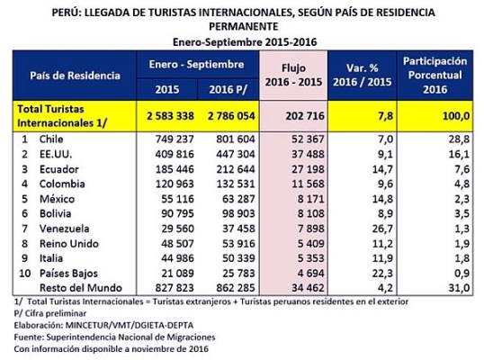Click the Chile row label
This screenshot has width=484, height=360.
point(51,141)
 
